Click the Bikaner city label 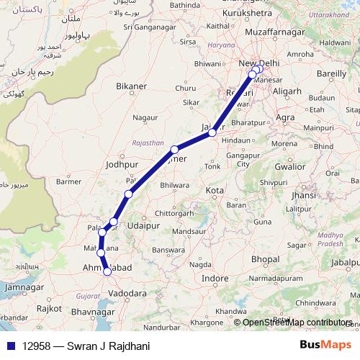(130, 86)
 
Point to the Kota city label (215, 191)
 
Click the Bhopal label (266, 258)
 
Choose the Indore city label (215, 278)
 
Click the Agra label (285, 117)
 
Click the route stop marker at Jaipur (212, 132)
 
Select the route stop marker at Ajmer (174, 150)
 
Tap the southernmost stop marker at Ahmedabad (107, 271)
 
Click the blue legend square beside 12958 (9, 346)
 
